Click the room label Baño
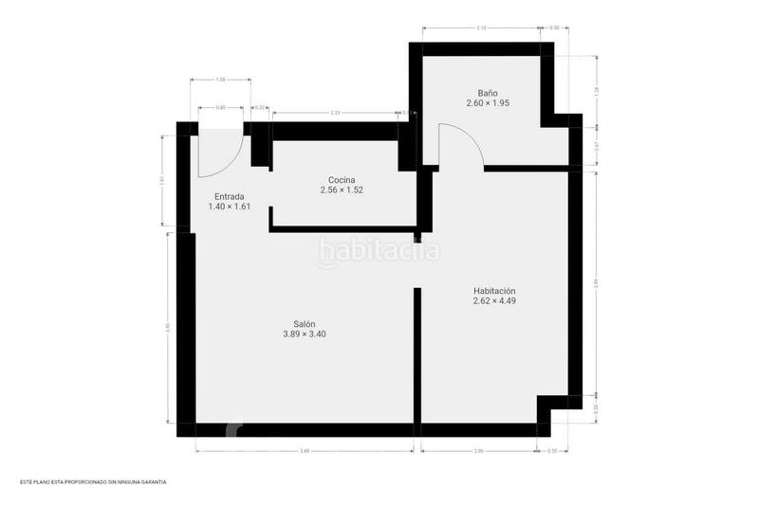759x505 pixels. [488, 92]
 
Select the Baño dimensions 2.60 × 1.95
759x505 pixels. [488, 102]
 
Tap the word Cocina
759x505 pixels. [342, 180]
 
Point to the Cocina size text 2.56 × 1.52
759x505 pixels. [342, 190]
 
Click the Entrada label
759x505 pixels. [229, 197]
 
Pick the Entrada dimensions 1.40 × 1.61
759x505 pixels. [229, 207]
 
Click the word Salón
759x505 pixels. [304, 323]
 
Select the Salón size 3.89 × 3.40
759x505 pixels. [304, 334]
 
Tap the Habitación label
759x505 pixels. [494, 291]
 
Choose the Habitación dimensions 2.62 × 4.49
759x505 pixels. [494, 301]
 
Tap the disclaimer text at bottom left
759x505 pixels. [92, 482]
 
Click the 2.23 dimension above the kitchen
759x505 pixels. [336, 113]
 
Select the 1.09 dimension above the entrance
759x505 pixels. [220, 79]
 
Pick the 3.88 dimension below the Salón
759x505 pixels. [304, 451]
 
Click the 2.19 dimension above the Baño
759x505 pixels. [481, 28]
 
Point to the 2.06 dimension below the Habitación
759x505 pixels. [479, 451]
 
